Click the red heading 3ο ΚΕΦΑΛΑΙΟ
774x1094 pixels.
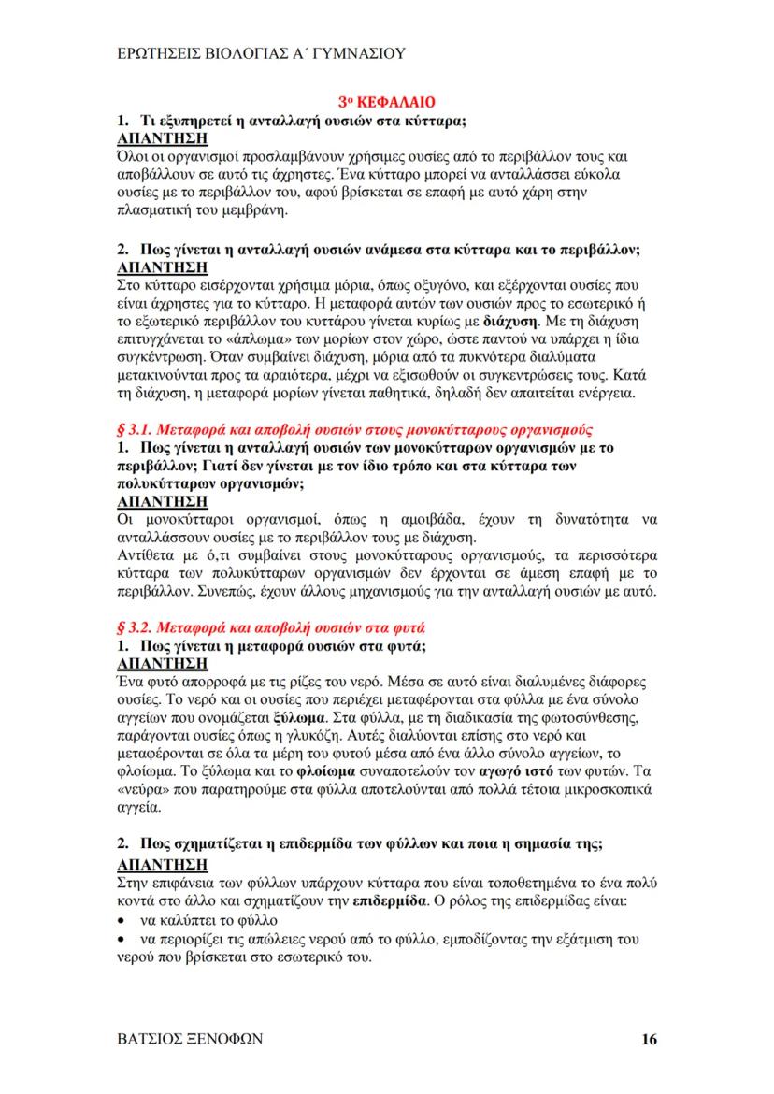[387, 100]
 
